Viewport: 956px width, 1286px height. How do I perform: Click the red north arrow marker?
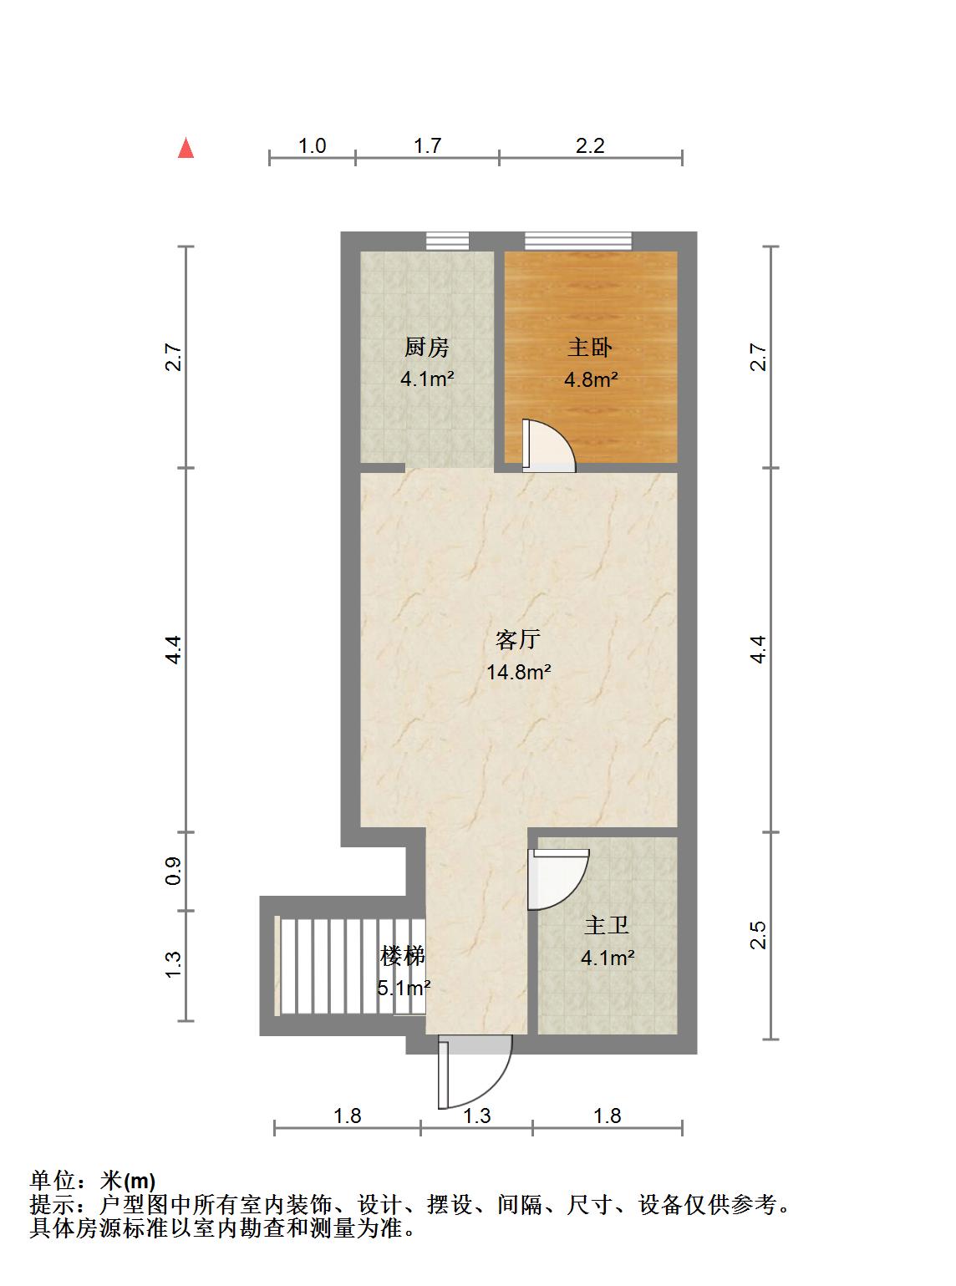[186, 149]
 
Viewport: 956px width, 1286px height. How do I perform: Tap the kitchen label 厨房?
[426, 346]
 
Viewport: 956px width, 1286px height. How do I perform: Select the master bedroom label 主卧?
[590, 347]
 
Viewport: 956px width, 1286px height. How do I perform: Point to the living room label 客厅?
[518, 640]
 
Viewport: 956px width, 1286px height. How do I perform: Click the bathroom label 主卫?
[607, 926]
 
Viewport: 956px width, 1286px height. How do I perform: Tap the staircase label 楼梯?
[403, 955]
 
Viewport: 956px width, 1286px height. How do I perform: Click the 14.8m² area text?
[518, 672]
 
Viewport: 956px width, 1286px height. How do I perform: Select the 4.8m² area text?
[591, 380]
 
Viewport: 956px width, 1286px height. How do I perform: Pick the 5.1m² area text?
[404, 989]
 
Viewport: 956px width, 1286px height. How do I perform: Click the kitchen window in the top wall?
[447, 241]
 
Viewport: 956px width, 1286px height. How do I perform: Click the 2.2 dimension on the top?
[590, 146]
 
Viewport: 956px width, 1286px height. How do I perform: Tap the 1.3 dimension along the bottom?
[476, 1116]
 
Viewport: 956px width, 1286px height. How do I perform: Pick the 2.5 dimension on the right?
[758, 935]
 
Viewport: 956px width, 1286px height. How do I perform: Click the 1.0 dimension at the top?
[312, 146]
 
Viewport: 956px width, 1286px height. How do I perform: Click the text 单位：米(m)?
[93, 1181]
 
